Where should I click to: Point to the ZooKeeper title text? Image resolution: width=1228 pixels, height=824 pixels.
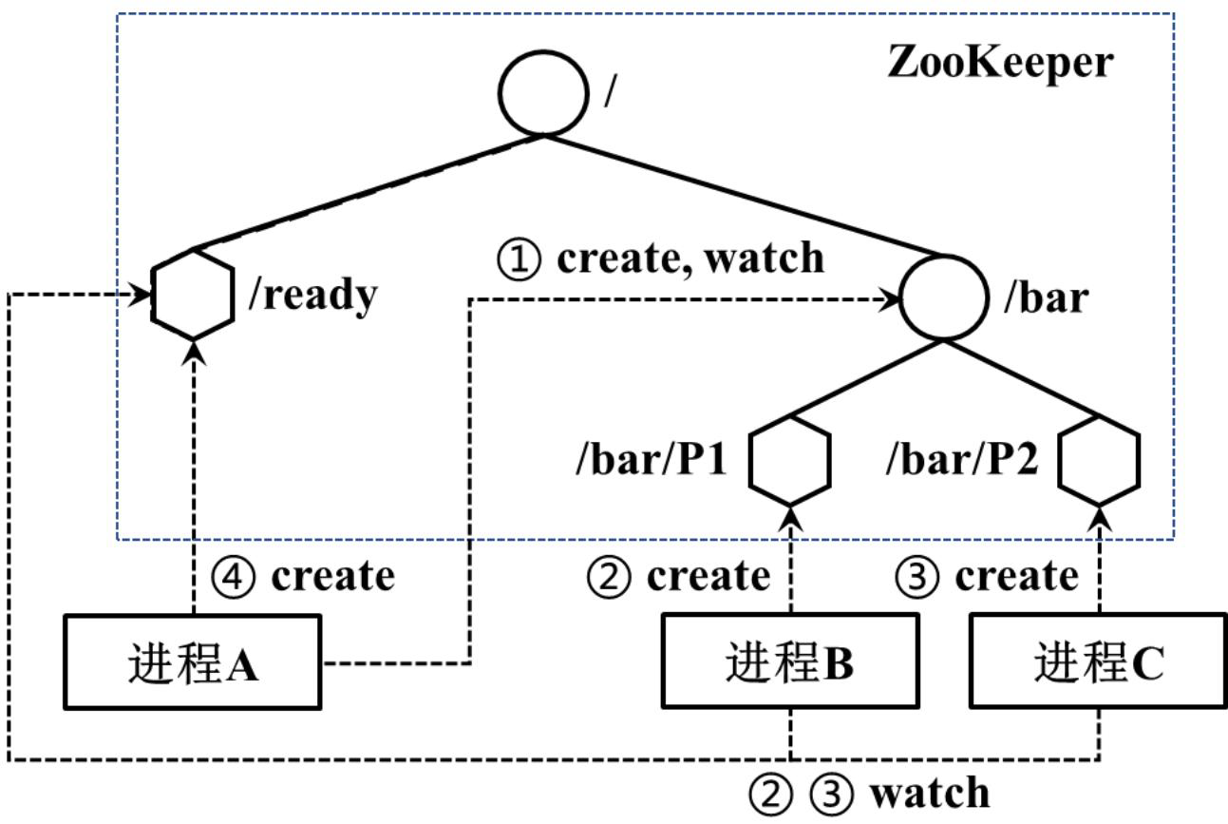(1000, 62)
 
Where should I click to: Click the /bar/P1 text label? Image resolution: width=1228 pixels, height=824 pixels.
(652, 459)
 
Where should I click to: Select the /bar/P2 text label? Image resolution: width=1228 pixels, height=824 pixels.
(962, 459)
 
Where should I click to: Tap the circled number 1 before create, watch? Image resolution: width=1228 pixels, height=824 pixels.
(518, 259)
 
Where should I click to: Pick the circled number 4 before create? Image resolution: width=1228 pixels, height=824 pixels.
(233, 577)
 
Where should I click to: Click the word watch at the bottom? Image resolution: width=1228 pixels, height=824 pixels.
(931, 793)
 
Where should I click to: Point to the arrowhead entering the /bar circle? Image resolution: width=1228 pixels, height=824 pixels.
(889, 299)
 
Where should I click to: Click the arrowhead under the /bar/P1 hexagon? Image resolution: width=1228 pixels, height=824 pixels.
(790, 518)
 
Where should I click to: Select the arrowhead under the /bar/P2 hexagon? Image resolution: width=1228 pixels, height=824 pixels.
(1099, 518)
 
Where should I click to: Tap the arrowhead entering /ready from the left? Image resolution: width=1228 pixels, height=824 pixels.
(141, 296)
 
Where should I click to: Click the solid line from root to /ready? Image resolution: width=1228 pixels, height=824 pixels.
(368, 193)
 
